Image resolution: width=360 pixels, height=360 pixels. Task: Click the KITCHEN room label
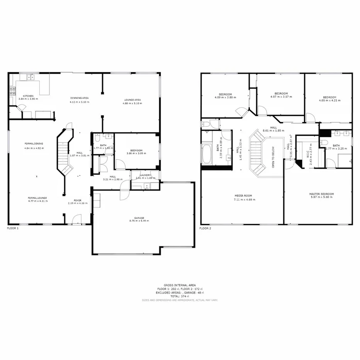pyautogui.click(x=28, y=96)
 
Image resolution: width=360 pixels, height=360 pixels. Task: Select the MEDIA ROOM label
pyautogui.click(x=243, y=196)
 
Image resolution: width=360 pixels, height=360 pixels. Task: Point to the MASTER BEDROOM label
pyautogui.click(x=321, y=194)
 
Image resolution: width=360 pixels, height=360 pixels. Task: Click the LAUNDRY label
pyautogui.click(x=146, y=175)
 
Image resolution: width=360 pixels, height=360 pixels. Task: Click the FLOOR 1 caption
pyautogui.click(x=13, y=228)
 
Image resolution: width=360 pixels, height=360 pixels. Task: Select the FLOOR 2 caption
pyautogui.click(x=205, y=228)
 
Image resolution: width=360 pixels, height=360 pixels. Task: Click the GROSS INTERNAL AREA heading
pyautogui.click(x=180, y=285)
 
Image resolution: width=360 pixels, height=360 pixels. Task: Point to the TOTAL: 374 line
pyautogui.click(x=180, y=296)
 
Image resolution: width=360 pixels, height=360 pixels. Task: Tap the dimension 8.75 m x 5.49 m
pyautogui.click(x=139, y=221)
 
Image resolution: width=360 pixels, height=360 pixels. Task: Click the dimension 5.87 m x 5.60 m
pyautogui.click(x=321, y=197)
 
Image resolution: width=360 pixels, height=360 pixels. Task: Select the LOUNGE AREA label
pyautogui.click(x=132, y=100)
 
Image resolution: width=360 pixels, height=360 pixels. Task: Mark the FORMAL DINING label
pyautogui.click(x=34, y=144)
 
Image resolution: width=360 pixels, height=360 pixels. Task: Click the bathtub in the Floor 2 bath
pyautogui.click(x=207, y=154)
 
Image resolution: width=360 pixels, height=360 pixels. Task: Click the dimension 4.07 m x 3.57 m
pyautogui.click(x=281, y=97)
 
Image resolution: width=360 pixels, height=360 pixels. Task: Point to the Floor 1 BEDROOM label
pyautogui.click(x=136, y=150)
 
